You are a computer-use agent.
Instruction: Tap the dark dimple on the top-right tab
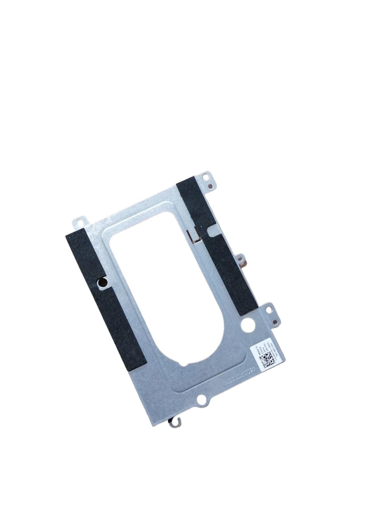[x=211, y=185]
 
